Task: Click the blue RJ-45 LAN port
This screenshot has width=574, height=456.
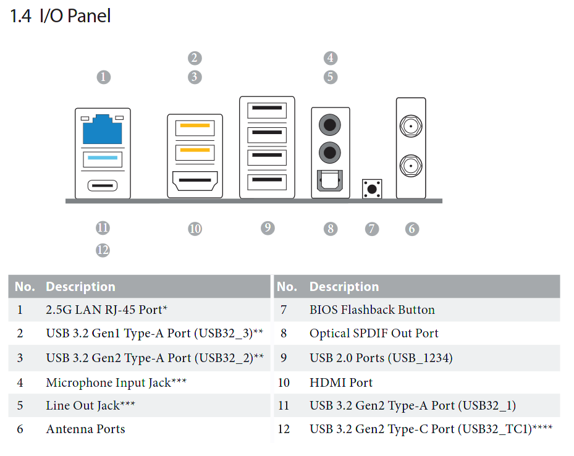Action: [102, 129]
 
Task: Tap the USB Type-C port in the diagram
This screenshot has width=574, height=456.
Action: [103, 185]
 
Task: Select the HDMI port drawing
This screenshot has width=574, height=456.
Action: [195, 181]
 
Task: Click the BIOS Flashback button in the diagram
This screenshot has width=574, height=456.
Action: [372, 189]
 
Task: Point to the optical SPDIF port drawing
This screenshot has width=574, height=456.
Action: [330, 180]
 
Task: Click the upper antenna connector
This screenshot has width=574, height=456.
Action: [411, 126]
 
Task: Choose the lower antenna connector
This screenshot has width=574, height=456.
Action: [411, 166]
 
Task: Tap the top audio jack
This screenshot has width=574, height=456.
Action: [330, 125]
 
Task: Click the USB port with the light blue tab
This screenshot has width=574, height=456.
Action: [103, 159]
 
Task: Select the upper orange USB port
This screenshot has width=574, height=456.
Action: [195, 128]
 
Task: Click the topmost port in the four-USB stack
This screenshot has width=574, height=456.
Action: [267, 111]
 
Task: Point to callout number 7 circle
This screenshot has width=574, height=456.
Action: [372, 229]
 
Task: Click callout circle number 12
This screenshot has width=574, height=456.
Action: [103, 250]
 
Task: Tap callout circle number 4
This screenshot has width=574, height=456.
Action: [331, 58]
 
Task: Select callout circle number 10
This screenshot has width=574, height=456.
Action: [195, 229]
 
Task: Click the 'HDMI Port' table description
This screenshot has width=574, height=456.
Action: [341, 382]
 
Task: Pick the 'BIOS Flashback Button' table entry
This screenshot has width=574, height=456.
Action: [372, 310]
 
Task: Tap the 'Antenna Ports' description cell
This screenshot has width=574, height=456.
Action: [85, 429]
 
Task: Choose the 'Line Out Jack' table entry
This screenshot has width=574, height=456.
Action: [90, 405]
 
